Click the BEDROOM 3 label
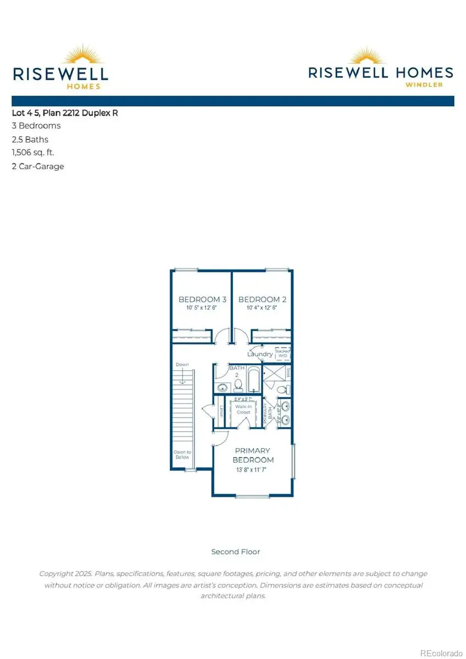click(202, 299)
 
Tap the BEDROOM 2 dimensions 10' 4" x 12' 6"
click(262, 308)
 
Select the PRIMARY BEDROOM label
click(253, 455)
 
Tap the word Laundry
click(259, 354)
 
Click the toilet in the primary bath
click(282, 389)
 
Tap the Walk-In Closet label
click(243, 408)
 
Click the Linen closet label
click(221, 411)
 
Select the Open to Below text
click(182, 454)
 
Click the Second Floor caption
click(235, 551)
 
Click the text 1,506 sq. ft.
click(33, 152)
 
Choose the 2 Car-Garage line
click(38, 166)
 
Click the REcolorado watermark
click(441, 652)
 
